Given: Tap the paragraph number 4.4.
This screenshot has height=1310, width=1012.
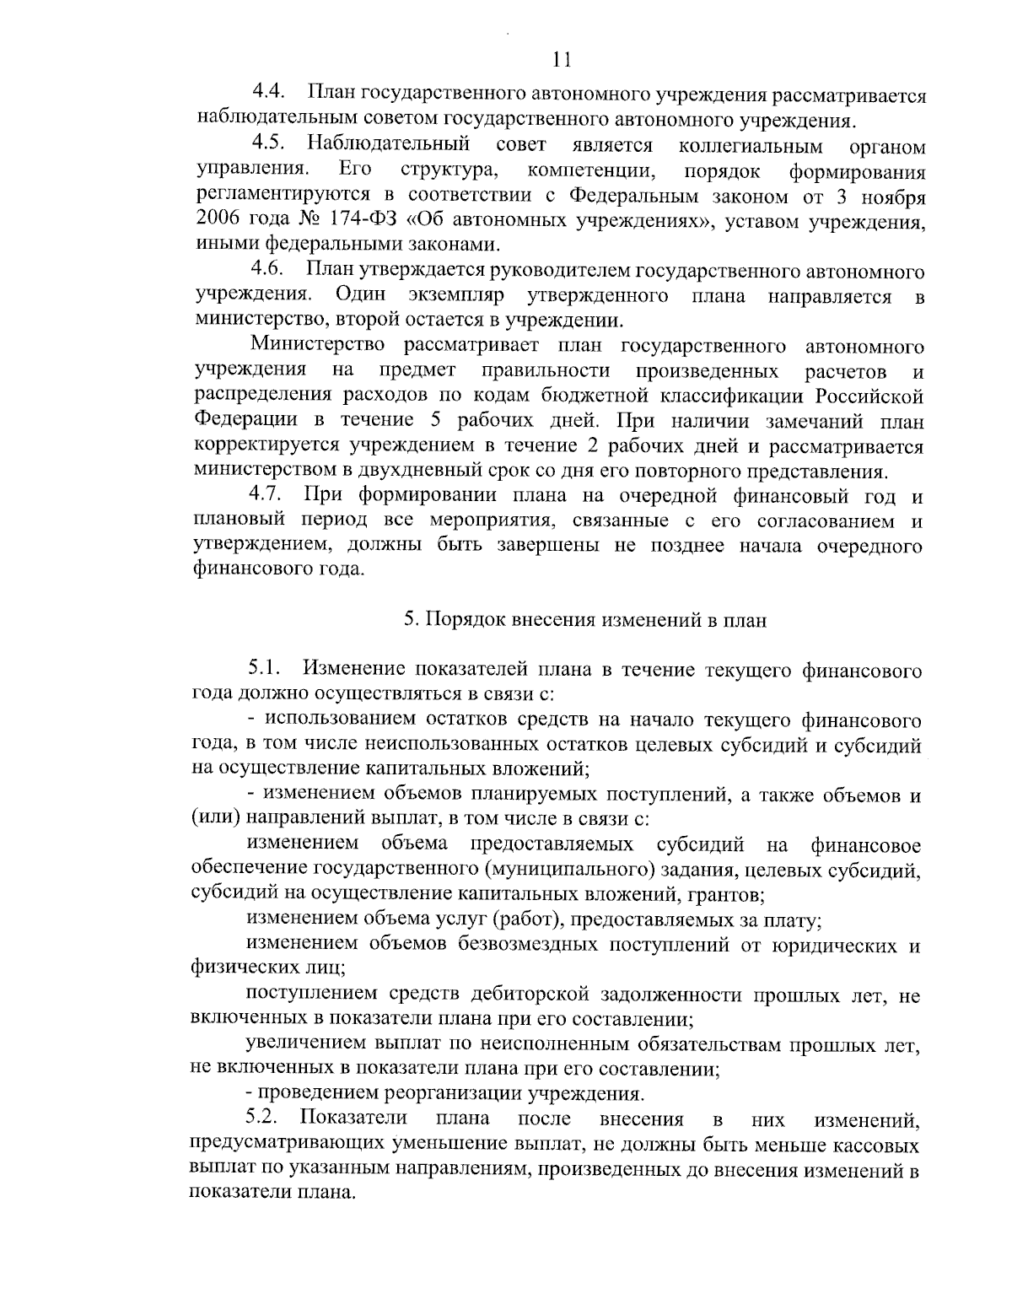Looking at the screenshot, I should click(271, 94).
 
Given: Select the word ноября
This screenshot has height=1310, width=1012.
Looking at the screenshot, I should click(893, 199).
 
